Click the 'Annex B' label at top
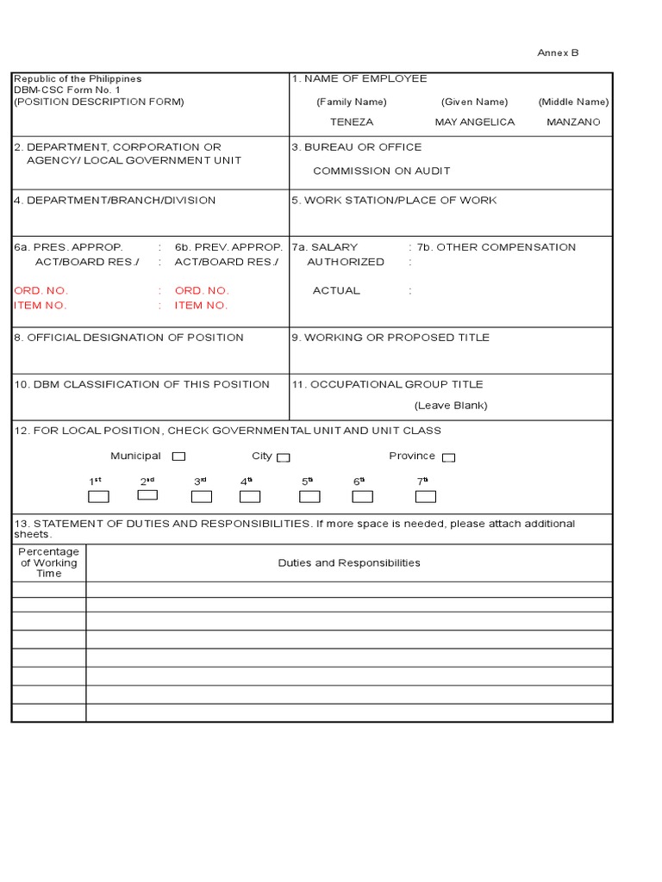pyautogui.click(x=558, y=53)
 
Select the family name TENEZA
pyautogui.click(x=352, y=122)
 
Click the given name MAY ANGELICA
pyautogui.click(x=474, y=122)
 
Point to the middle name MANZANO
pyautogui.click(x=573, y=122)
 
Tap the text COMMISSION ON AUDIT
pyautogui.click(x=381, y=171)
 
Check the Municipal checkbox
pyautogui.click(x=178, y=457)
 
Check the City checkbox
pyautogui.click(x=283, y=458)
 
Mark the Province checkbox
pyautogui.click(x=448, y=458)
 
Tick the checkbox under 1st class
pyautogui.click(x=99, y=496)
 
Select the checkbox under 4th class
pyautogui.click(x=250, y=496)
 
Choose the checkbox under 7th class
pyautogui.click(x=425, y=496)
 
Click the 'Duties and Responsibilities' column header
pyautogui.click(x=349, y=563)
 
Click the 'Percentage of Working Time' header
pyautogui.click(x=49, y=563)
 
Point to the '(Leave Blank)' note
pyautogui.click(x=450, y=406)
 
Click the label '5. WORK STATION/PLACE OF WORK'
pyautogui.click(x=394, y=201)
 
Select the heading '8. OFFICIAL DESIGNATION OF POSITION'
pyautogui.click(x=128, y=338)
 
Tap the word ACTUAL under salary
pyautogui.click(x=336, y=291)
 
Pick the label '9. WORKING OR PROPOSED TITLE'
pyautogui.click(x=390, y=338)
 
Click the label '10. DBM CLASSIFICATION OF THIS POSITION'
pyautogui.click(x=141, y=385)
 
